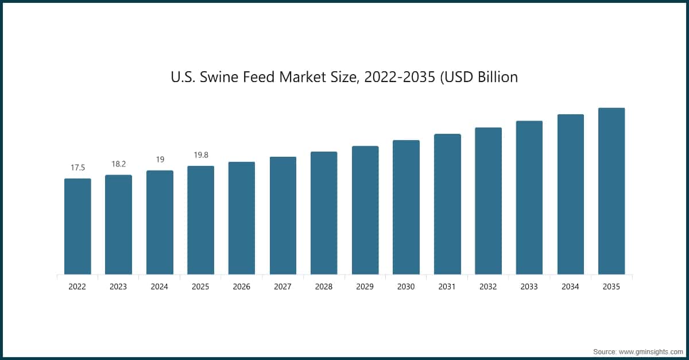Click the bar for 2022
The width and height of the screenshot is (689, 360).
[78, 226]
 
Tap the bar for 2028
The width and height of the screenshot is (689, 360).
[324, 213]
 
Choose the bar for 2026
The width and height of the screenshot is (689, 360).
[242, 218]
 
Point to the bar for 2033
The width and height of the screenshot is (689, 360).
[529, 198]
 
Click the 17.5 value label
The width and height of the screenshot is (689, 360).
[78, 168]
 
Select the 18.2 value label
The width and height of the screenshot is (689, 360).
[119, 164]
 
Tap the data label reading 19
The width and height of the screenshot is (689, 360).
[160, 160]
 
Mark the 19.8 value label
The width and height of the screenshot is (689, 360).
[201, 155]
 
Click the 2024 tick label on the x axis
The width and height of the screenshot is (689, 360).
[160, 287]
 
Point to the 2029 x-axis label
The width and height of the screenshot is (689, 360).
[365, 287]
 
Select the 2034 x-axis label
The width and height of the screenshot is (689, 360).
[571, 287]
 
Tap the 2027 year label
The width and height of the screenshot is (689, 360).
[283, 287]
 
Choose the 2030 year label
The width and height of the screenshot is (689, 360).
[406, 287]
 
